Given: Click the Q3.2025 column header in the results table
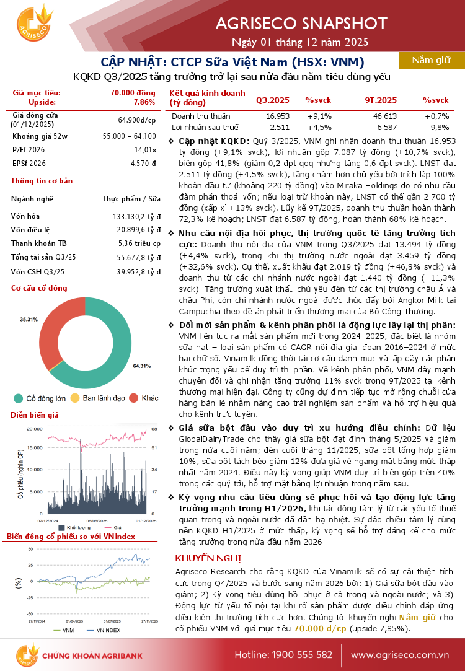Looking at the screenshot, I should pos(272,100).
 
